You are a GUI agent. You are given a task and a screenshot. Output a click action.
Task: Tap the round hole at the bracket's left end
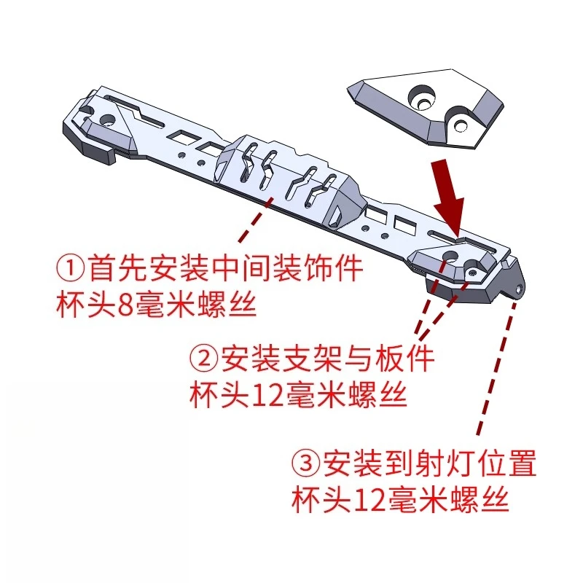(108, 119)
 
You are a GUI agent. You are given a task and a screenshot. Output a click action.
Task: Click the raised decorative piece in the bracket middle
(291, 179)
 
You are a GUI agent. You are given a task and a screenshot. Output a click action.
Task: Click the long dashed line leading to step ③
(496, 364)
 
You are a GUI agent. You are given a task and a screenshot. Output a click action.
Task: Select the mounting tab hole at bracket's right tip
(519, 289)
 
